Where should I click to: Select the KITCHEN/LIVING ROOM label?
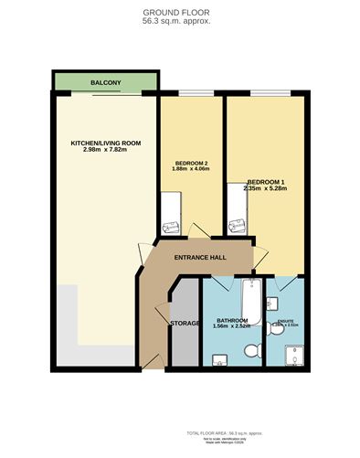click(x=105, y=143)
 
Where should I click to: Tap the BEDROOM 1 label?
click(x=266, y=181)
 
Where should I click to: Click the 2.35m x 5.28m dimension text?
click(x=266, y=188)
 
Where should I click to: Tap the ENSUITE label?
click(x=285, y=321)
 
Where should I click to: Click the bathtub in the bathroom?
click(x=249, y=299)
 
